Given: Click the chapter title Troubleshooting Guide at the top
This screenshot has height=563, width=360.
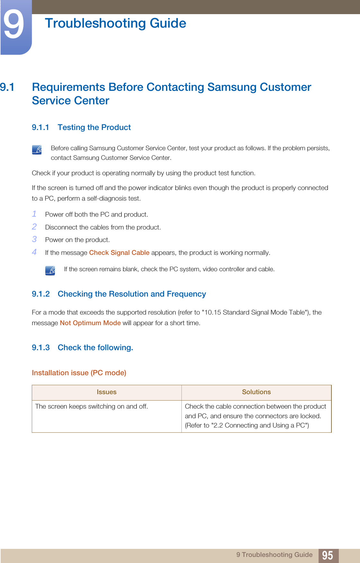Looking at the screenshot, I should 115,23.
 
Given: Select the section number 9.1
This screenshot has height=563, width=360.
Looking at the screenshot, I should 7,87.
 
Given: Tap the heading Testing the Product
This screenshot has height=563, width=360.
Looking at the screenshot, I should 94,127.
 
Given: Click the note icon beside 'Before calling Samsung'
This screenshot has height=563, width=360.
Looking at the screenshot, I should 37,150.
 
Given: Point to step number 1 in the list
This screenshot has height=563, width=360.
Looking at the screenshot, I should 34,214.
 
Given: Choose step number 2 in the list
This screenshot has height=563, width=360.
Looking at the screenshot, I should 34,227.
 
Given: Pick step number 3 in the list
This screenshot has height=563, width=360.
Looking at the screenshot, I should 34,239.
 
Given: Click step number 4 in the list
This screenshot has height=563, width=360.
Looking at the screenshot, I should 34,252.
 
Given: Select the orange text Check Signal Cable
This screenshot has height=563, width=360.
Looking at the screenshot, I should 119,253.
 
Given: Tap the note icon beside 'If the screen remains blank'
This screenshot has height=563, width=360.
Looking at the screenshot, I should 50,270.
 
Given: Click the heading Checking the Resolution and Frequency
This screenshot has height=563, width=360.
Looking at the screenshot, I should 132,294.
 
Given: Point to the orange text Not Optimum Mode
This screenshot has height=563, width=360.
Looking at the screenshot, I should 90,323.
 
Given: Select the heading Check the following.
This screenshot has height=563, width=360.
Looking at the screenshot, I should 95,348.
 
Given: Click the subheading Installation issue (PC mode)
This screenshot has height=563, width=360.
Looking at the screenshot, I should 79,373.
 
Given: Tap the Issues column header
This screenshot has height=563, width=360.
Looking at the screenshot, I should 107,392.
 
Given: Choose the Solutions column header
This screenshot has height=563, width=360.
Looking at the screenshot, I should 256,392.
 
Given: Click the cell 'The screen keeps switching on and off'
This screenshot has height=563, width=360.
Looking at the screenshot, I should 92,406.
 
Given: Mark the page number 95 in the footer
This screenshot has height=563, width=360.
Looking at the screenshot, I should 327,555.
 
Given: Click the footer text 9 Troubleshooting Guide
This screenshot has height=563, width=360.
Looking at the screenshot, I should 274,555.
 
